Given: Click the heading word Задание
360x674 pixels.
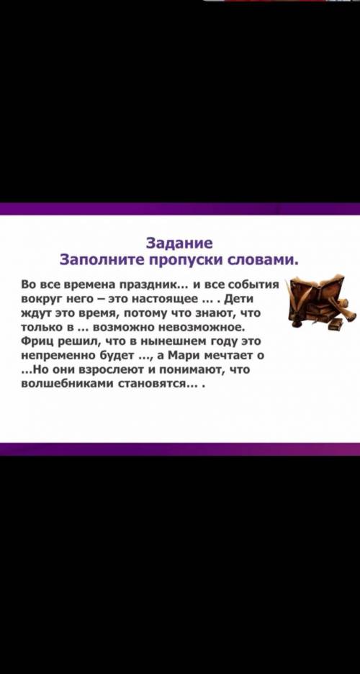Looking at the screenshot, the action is (x=179, y=243).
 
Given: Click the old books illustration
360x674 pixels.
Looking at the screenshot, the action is (x=320, y=302).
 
